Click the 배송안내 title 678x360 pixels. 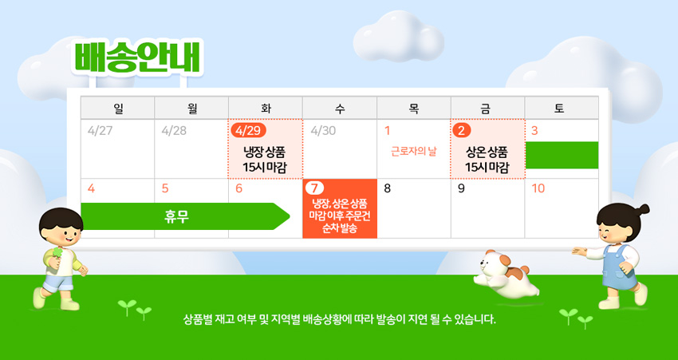(137, 57)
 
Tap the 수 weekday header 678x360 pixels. (340, 109)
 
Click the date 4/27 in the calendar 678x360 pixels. (100, 131)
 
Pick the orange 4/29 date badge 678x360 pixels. (248, 131)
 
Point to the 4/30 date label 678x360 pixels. (323, 131)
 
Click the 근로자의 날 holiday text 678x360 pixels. (414, 152)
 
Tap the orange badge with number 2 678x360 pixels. (461, 131)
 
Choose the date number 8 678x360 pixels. (388, 188)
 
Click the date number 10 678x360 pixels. (538, 188)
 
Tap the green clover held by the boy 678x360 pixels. (57, 253)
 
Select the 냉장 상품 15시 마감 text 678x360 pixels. (265, 159)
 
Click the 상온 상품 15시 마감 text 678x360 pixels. (487, 159)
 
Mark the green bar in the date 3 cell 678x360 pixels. (562, 155)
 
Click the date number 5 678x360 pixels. (165, 188)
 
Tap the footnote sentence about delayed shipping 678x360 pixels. (340, 320)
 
